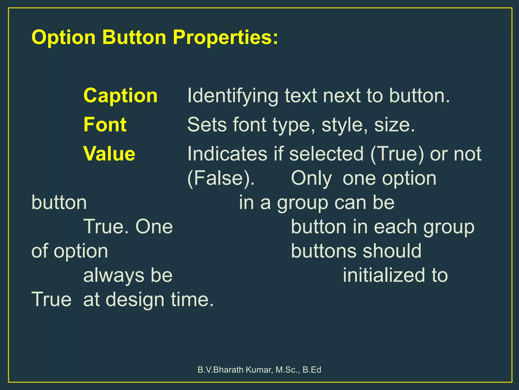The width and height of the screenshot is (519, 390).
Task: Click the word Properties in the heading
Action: tap(225, 37)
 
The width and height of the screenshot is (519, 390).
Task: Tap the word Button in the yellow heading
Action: tap(134, 37)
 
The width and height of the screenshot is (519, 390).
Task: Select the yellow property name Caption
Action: tap(120, 96)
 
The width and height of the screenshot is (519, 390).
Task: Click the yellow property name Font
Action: tap(105, 125)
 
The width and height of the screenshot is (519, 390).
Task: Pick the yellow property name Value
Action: tap(109, 154)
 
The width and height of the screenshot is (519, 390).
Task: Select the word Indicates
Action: tap(227, 154)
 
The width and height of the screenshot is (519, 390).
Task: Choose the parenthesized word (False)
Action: tap(221, 178)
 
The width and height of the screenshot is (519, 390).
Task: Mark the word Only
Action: tap(311, 178)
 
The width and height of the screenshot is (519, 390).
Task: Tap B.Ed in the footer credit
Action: tap(312, 370)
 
